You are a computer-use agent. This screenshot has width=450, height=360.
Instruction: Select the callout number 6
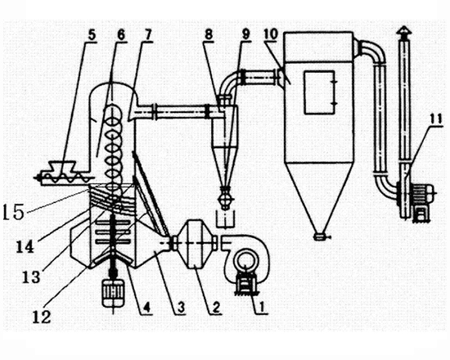(x=121, y=35)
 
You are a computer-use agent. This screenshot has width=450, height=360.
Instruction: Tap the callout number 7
(x=147, y=35)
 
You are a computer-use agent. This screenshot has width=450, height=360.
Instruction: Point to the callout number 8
(x=209, y=34)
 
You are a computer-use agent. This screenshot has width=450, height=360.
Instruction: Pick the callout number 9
(x=245, y=34)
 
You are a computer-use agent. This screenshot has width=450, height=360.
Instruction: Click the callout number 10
(x=271, y=34)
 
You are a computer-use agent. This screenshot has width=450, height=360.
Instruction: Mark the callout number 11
(x=436, y=119)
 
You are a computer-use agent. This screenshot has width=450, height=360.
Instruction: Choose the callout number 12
(x=42, y=317)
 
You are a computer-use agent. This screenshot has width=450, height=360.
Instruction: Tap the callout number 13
(x=32, y=277)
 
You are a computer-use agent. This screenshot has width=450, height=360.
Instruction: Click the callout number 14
(x=25, y=247)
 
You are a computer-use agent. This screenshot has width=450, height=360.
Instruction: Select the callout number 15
(x=13, y=213)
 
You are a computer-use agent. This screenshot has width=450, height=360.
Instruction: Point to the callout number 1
(x=261, y=308)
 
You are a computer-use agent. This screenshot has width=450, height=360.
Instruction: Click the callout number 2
(x=215, y=308)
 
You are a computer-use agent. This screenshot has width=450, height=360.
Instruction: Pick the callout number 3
(x=181, y=308)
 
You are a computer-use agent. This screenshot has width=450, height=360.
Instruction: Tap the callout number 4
(x=146, y=308)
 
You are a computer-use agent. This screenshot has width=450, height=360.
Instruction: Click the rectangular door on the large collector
(x=320, y=92)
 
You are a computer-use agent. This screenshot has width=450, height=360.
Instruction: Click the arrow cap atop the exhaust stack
(x=404, y=30)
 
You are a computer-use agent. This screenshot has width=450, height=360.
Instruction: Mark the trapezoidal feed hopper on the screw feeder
(x=62, y=166)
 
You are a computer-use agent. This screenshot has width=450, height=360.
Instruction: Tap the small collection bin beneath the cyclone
(x=225, y=220)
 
